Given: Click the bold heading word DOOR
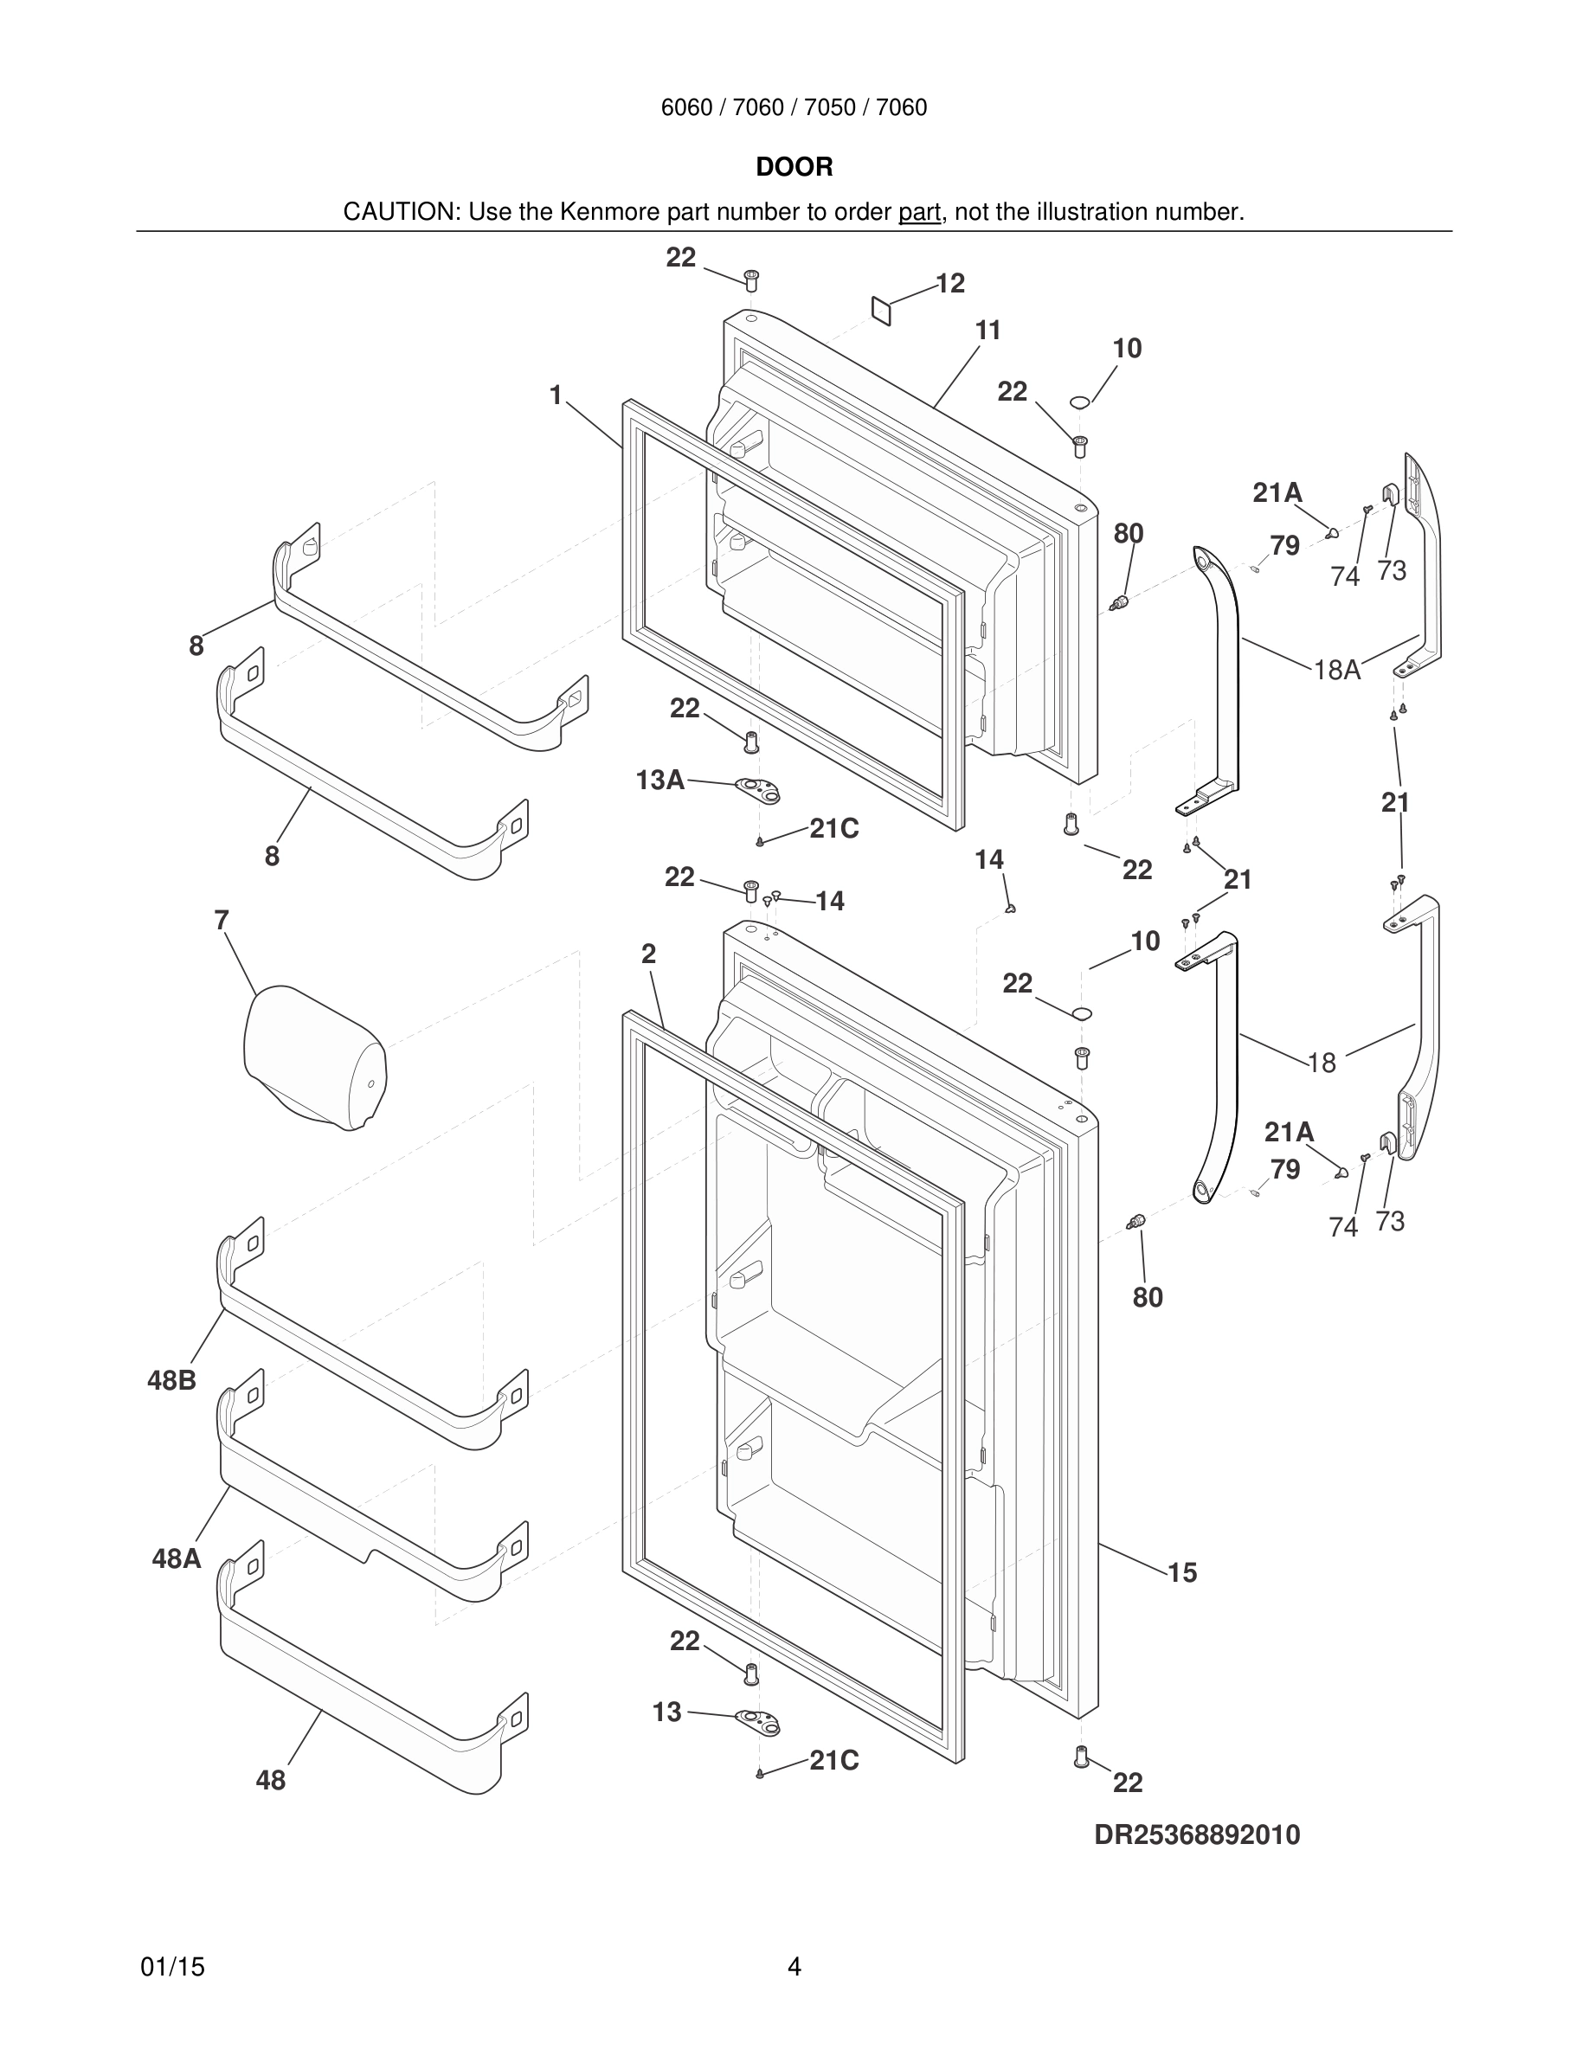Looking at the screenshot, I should coord(794,168).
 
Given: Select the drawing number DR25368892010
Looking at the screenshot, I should coord(1196,1834).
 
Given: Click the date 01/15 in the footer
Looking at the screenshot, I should coord(172,1967).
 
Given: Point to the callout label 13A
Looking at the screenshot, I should coord(659,780).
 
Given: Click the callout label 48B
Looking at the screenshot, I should coord(171,1380).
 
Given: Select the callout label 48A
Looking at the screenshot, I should coord(176,1559).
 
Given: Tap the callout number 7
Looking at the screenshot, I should coord(222,920).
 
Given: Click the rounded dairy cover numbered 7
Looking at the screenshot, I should coord(313,1058).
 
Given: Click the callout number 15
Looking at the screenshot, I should coord(1181,1572).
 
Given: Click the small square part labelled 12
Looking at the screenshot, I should coord(880,310).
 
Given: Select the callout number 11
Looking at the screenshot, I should coord(987,331).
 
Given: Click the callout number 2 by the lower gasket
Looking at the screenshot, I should coord(648,954).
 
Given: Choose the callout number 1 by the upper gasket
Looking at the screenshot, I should coord(556,395).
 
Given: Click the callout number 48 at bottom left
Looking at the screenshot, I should coord(270,1780).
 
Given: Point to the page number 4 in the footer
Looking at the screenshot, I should coord(794,1967).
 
